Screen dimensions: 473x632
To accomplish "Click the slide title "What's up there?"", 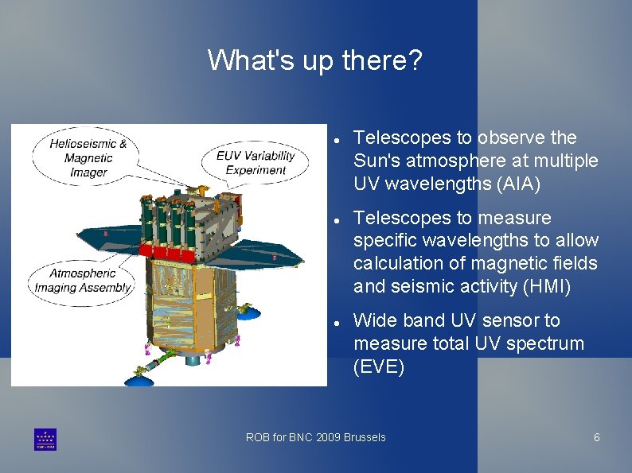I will click(315, 60).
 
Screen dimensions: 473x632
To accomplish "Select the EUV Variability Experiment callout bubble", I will click(256, 162).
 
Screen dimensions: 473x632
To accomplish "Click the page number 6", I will click(596, 437).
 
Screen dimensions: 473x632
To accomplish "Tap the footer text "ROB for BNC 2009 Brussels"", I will click(315, 437).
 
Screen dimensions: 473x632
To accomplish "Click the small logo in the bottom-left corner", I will click(45, 439).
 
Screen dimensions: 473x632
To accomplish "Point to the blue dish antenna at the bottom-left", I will click(141, 381).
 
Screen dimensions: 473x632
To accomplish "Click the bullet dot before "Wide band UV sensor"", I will click(337, 322).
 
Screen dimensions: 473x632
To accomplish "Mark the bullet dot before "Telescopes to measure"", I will click(337, 219).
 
